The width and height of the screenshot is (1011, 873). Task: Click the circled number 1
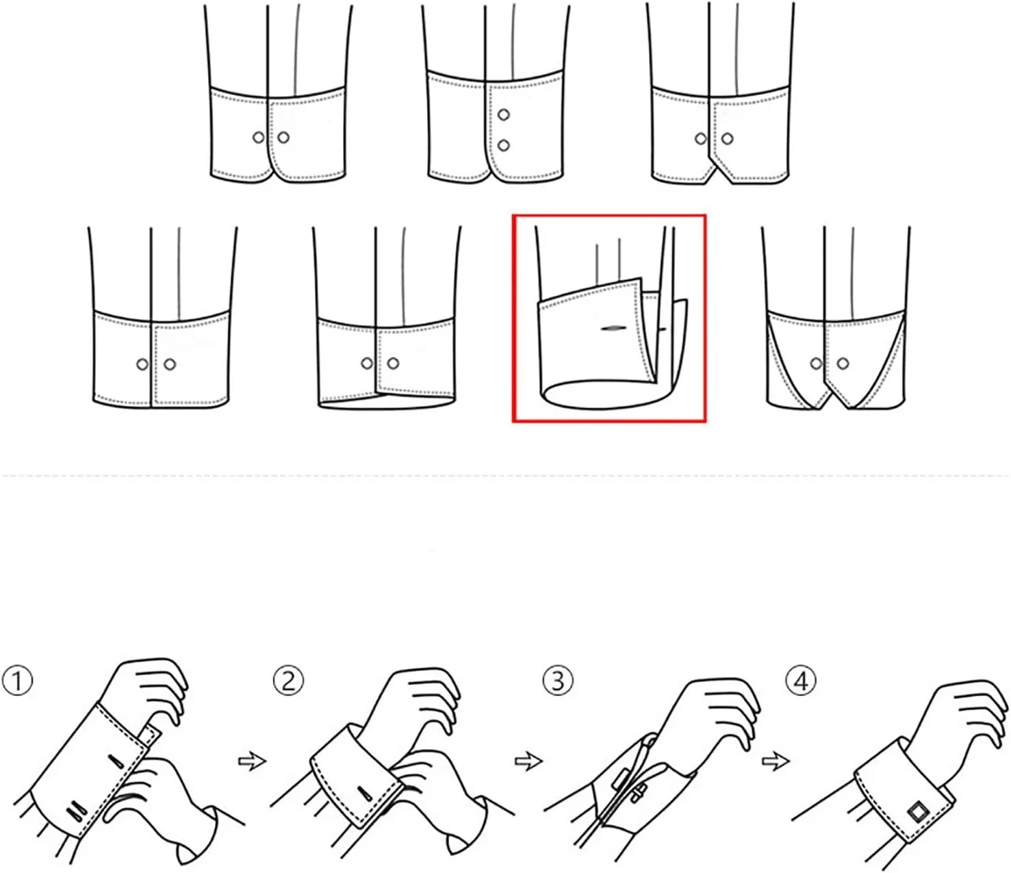point(17,682)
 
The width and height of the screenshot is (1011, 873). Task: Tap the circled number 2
point(288,681)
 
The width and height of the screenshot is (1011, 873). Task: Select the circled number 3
point(558,681)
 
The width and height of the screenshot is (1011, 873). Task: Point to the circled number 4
point(801,681)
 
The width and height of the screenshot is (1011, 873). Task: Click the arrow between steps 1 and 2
point(253,761)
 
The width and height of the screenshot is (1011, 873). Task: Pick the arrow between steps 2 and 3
point(528,761)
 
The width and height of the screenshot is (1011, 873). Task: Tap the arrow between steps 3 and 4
point(776,761)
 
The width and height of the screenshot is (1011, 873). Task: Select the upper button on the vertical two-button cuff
point(503,115)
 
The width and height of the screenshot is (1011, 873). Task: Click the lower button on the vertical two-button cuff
point(503,145)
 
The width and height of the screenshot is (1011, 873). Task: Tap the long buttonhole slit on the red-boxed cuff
point(614,328)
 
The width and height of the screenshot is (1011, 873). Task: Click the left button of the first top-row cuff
point(259,138)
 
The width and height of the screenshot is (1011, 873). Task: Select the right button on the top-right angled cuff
point(728,139)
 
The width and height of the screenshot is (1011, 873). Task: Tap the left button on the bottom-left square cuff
point(142,364)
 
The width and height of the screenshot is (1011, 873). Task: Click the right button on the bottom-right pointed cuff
point(843,364)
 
